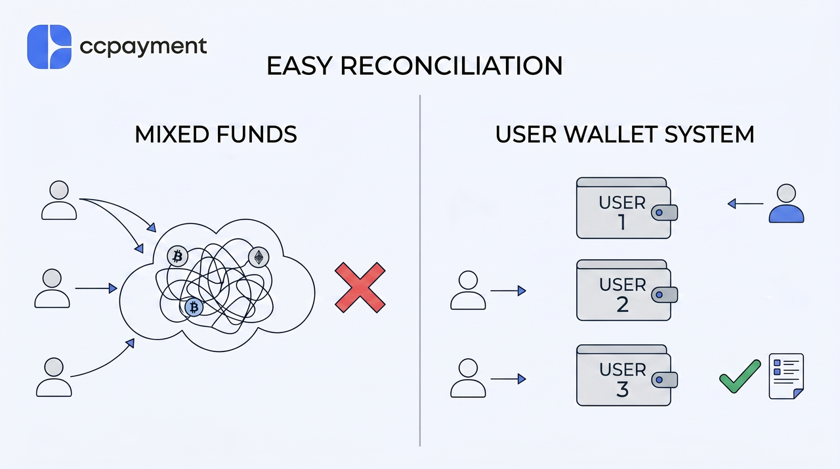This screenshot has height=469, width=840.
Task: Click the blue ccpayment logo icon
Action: click(x=49, y=47)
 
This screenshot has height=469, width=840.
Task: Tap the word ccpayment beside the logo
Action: click(x=143, y=47)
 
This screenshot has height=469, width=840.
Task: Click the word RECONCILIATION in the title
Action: click(x=451, y=66)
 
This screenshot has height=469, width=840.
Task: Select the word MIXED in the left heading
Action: click(x=172, y=134)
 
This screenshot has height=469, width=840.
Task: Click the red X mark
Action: click(x=360, y=288)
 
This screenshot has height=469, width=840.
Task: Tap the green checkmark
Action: click(x=740, y=376)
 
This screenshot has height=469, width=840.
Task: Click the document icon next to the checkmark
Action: click(x=786, y=376)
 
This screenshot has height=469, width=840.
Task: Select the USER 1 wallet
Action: click(x=627, y=208)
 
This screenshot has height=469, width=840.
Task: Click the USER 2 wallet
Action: click(x=627, y=290)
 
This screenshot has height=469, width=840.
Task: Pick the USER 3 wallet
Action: click(x=627, y=375)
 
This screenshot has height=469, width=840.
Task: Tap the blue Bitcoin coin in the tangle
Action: click(x=194, y=307)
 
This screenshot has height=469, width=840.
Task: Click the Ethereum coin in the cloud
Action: click(x=259, y=257)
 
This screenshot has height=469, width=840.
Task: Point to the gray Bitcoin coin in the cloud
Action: click(x=177, y=256)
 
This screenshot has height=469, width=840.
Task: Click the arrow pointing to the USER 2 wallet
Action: click(x=508, y=291)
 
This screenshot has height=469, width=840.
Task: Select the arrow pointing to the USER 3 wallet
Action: click(x=508, y=379)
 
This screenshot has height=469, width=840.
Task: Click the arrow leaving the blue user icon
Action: click(x=745, y=204)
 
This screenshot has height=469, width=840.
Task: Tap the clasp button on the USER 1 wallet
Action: click(x=665, y=213)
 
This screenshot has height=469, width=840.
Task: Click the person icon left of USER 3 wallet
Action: click(x=468, y=378)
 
